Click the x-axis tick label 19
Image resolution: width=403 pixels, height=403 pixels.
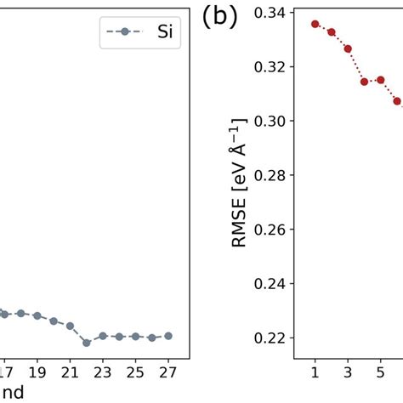(37, 372)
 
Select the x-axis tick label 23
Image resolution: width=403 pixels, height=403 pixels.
(103, 372)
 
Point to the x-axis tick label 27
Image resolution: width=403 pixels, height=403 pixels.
(167, 372)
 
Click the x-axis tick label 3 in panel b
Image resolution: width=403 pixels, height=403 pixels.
(348, 372)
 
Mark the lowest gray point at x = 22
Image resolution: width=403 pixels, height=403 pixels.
(87, 343)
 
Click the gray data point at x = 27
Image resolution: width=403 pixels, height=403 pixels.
(168, 336)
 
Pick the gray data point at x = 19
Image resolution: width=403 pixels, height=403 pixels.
(37, 315)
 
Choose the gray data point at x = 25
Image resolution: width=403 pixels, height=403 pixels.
(135, 337)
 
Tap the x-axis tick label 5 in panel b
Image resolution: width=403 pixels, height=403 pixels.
(380, 372)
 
